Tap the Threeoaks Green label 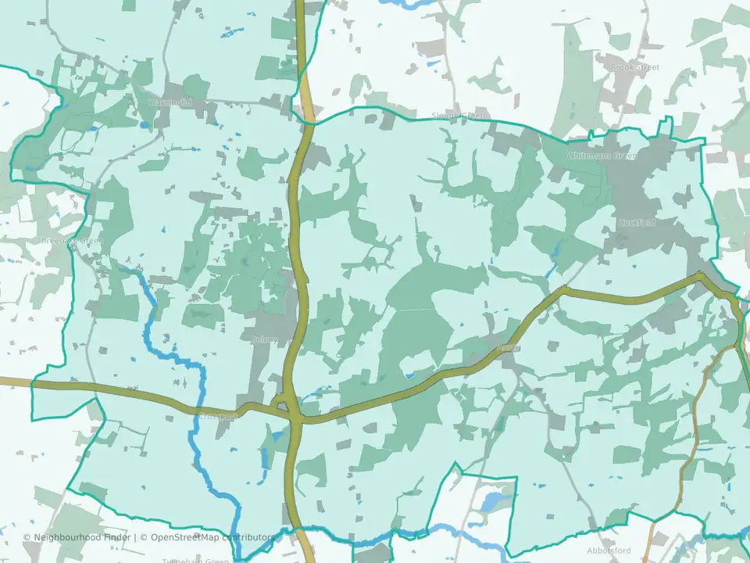[x=70, y=241]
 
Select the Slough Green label [x=459, y=116]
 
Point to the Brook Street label [x=635, y=68]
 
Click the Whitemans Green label [x=602, y=156]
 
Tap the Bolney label [x=266, y=339]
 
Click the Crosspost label [x=218, y=417]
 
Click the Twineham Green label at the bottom [x=195, y=560]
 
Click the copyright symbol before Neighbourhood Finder [x=27, y=537]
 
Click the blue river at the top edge [x=406, y=4]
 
